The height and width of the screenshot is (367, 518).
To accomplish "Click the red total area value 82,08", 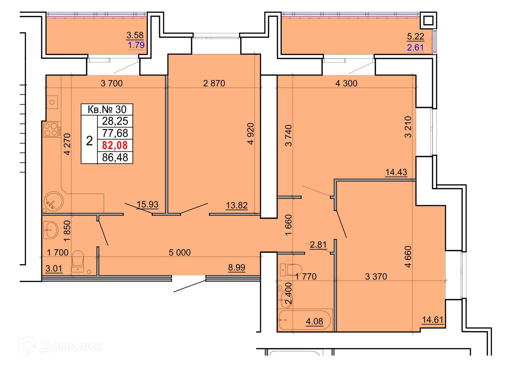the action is [x=115, y=145].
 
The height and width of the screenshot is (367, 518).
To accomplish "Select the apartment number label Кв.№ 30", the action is [x=107, y=109].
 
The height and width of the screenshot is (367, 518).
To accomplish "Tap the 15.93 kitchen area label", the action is [x=147, y=204].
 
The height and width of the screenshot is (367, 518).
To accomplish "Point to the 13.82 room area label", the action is [x=237, y=205].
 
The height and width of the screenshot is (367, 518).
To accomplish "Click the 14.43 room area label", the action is [x=396, y=172].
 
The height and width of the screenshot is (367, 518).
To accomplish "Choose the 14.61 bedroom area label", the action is [x=433, y=320].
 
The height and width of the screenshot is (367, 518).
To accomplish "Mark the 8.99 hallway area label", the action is [x=237, y=267].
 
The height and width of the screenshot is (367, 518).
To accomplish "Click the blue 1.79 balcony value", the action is [x=136, y=45].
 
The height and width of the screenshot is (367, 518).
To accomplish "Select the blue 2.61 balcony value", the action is [x=415, y=47].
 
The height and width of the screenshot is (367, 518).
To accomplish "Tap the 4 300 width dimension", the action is [x=346, y=83].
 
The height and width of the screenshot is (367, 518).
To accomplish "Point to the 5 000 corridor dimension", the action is [x=180, y=252].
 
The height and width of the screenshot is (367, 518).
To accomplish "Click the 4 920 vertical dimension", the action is [x=251, y=134].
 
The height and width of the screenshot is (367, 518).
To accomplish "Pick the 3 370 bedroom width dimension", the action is [x=376, y=276].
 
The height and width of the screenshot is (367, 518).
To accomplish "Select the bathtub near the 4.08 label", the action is [x=305, y=320].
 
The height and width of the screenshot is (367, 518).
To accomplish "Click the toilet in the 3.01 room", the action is [x=78, y=261].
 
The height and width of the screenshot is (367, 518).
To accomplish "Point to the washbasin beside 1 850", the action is [x=51, y=230].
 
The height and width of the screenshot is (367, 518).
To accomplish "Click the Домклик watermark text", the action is [x=71, y=347].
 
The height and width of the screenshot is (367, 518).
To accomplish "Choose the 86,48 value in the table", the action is [x=115, y=158].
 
